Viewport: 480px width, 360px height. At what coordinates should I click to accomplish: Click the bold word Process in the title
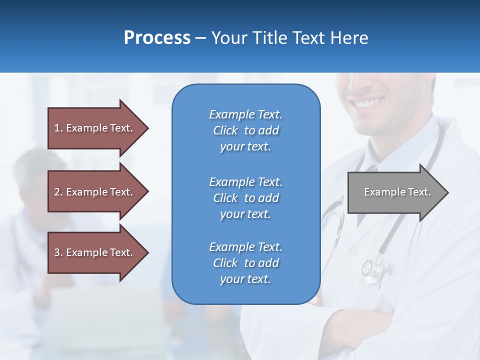tap(157, 38)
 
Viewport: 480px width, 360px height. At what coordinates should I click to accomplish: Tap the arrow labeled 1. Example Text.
tap(95, 128)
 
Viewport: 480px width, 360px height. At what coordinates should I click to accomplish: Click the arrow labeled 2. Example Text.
tap(95, 192)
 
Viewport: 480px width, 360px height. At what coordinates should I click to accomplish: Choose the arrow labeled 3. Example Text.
tap(95, 252)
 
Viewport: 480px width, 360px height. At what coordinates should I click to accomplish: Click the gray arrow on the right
tap(395, 192)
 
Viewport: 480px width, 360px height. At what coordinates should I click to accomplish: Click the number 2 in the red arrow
tap(57, 192)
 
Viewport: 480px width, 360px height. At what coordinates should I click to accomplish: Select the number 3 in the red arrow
tap(57, 252)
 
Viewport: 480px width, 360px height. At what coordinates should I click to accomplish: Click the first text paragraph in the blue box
tap(245, 130)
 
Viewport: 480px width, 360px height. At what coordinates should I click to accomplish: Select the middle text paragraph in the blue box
tap(245, 198)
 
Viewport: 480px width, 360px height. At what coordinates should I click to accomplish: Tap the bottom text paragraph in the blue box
tap(245, 263)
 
